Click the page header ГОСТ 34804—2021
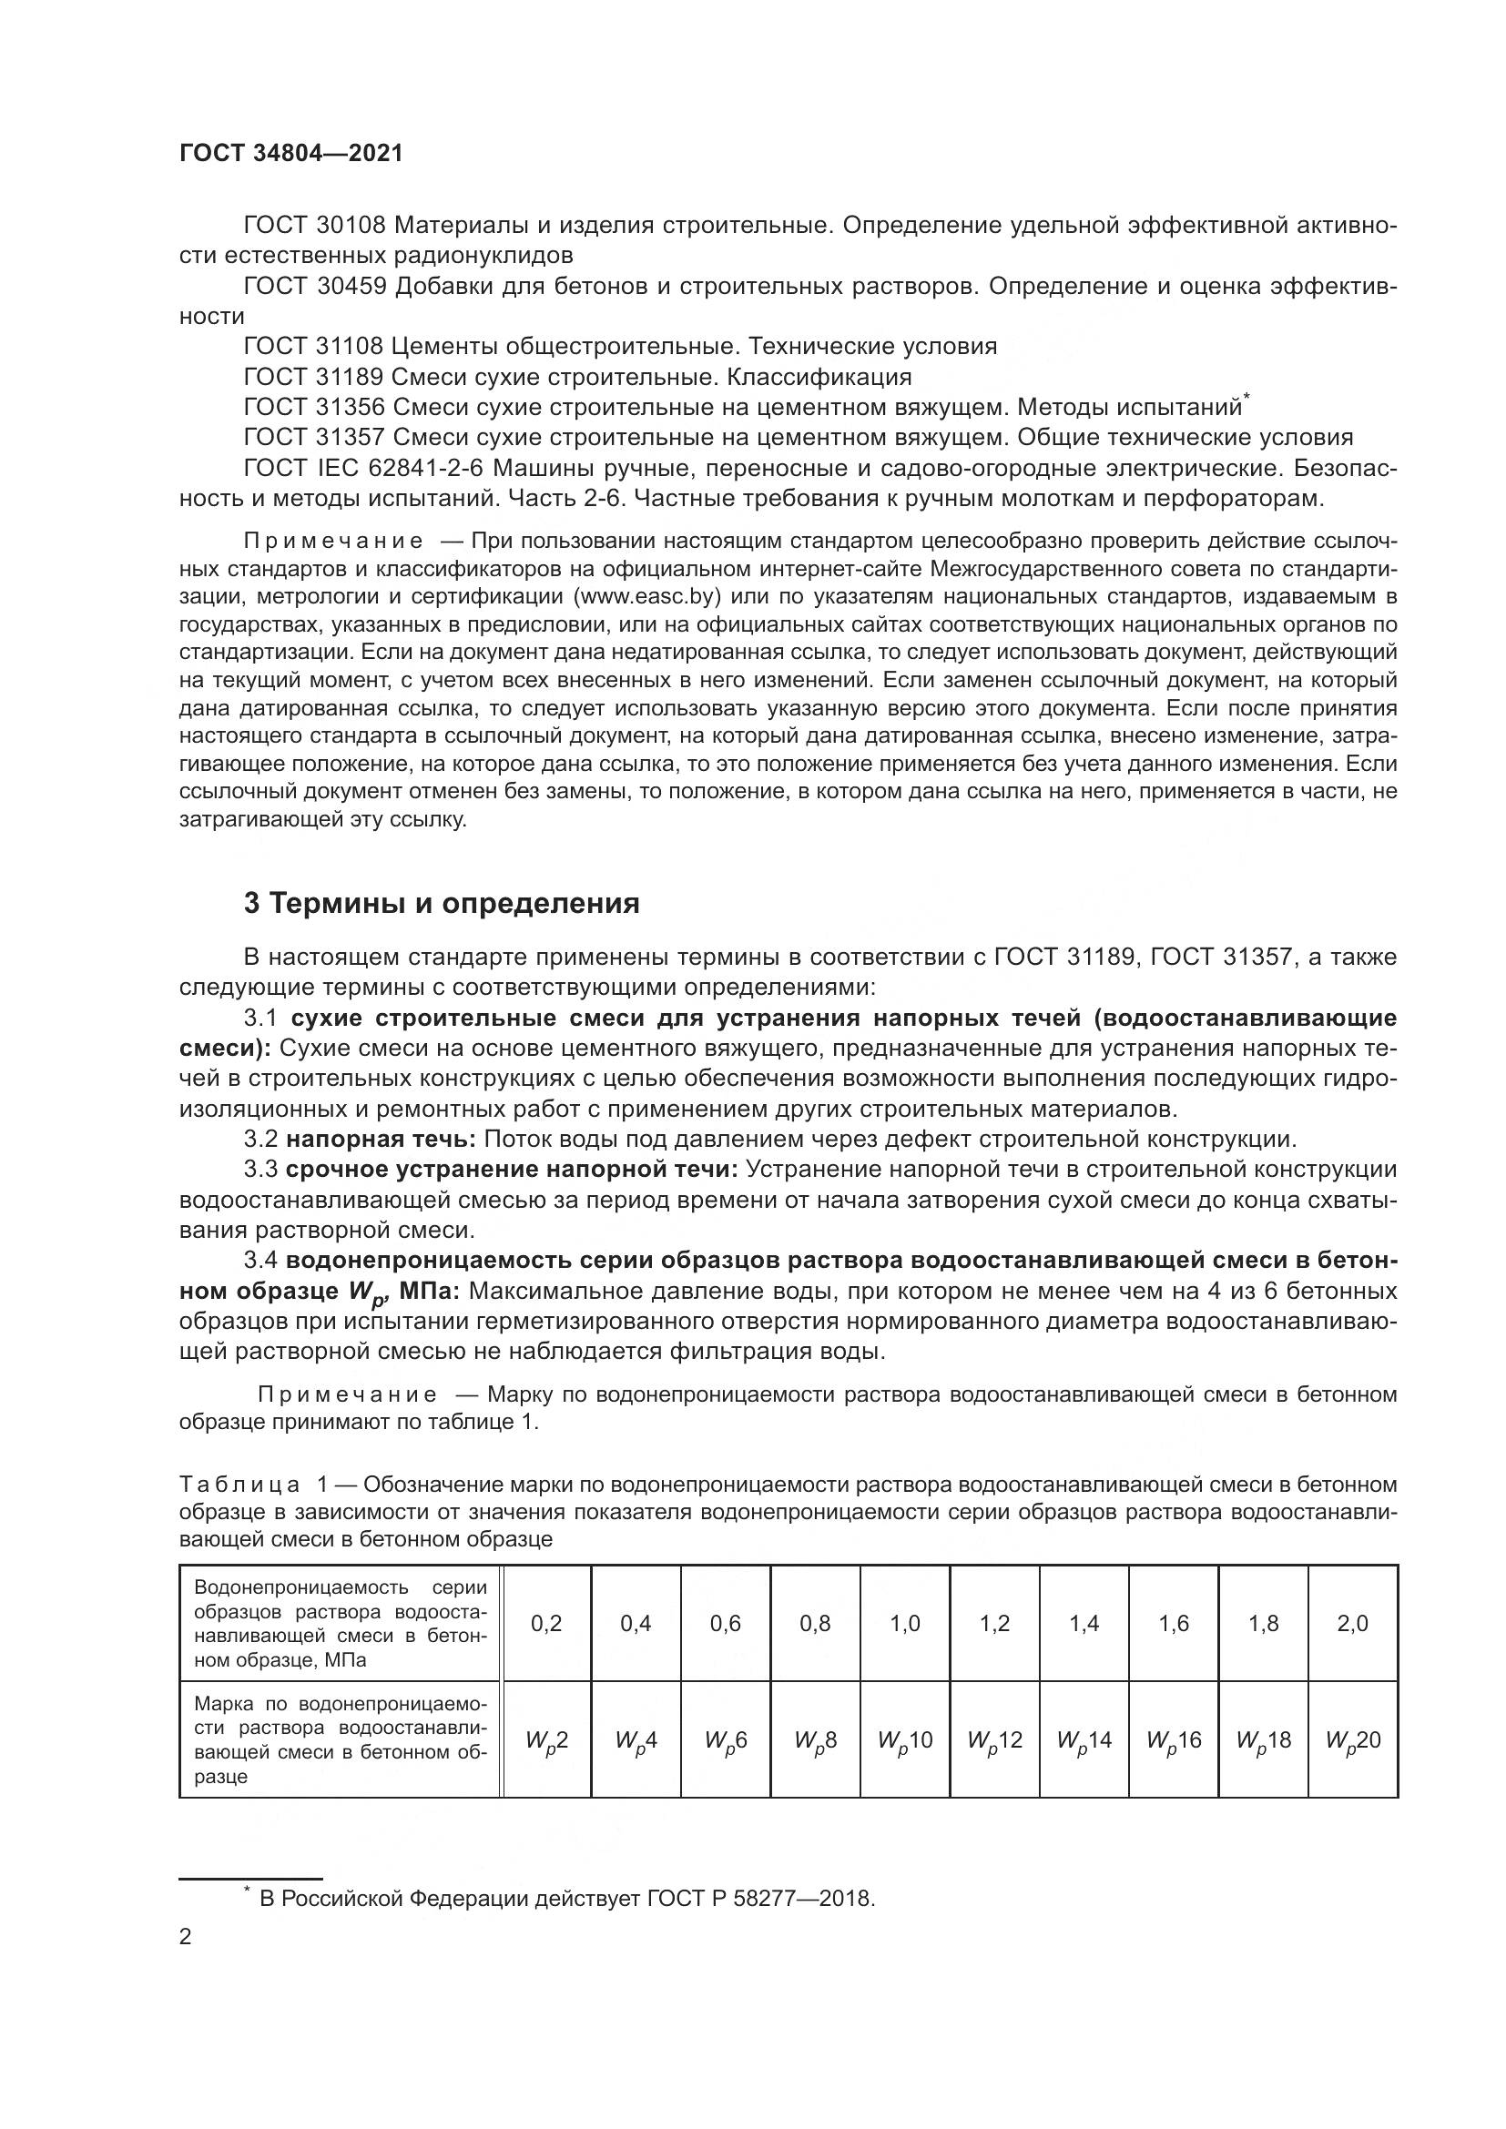pyautogui.click(x=291, y=154)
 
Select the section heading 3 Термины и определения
pyautogui.click(x=442, y=903)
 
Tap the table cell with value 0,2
pyautogui.click(x=546, y=1623)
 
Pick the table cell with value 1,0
pyautogui.click(x=905, y=1623)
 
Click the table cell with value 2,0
pyautogui.click(x=1353, y=1623)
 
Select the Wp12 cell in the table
pyautogui.click(x=994, y=1740)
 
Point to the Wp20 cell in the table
pyautogui.click(x=1353, y=1740)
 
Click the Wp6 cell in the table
pyautogui.click(x=725, y=1740)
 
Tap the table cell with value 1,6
pyautogui.click(x=1174, y=1623)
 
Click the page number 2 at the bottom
pyautogui.click(x=186, y=1937)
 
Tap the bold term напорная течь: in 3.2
pyautogui.click(x=382, y=1140)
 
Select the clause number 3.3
pyautogui.click(x=260, y=1171)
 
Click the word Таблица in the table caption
pyautogui.click(x=240, y=1485)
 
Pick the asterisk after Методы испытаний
pyautogui.click(x=1247, y=398)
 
